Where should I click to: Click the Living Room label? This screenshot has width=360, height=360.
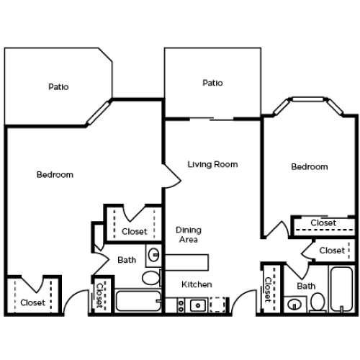212,164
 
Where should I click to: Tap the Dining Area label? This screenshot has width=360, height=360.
189,235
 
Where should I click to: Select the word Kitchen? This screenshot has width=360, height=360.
197,284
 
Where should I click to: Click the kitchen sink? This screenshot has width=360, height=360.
198,305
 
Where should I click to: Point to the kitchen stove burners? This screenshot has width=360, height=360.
181,305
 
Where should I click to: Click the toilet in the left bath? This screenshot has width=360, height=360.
151,278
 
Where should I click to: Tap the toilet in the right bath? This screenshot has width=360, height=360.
318,302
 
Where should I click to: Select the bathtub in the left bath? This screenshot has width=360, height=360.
138,301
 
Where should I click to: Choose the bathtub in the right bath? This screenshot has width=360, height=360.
341,289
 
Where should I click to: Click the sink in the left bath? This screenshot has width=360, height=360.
154,254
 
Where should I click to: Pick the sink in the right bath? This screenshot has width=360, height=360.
294,305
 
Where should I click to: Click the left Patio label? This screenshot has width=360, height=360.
58,86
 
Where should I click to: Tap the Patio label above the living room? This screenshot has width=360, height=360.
212,83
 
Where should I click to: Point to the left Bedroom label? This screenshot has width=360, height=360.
55,174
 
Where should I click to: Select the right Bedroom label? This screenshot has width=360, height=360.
310,166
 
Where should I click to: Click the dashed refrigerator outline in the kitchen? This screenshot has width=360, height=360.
217,305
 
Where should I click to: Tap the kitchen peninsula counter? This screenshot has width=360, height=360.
186,263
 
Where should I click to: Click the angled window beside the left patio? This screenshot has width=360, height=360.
99,112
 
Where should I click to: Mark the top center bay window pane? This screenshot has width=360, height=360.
308,99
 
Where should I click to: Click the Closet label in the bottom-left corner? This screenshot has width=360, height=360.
33,302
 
